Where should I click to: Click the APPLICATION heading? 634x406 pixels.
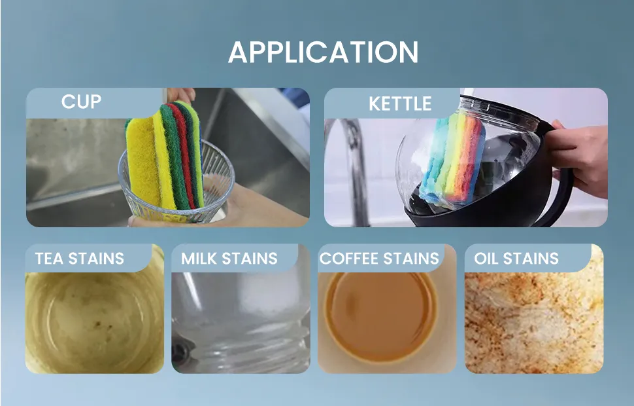tap(324, 52)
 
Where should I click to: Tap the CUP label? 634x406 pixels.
tap(81, 101)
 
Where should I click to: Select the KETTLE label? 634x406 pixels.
tap(400, 103)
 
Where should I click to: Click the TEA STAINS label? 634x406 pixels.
tap(79, 259)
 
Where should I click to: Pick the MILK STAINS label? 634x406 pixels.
tap(229, 259)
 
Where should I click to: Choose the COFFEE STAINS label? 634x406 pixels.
tap(379, 259)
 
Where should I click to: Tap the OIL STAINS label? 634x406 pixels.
tap(516, 259)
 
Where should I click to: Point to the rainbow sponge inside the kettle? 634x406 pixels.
tap(452, 159)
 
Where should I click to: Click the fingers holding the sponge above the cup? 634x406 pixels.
tap(181, 95)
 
